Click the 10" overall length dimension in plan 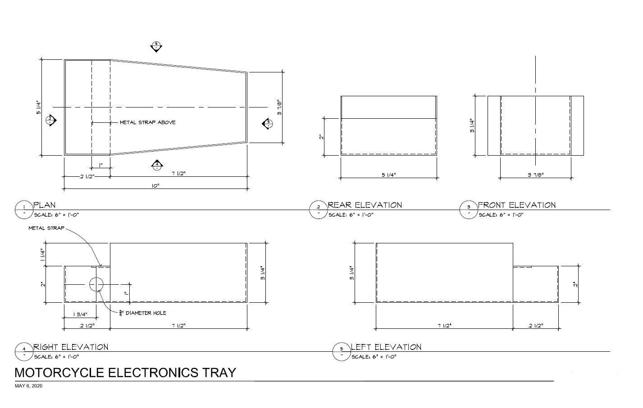pyautogui.click(x=155, y=186)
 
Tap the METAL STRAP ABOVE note pyautogui.click(x=147, y=122)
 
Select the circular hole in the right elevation pyautogui.click(x=96, y=284)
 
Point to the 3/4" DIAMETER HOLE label pyautogui.click(x=143, y=313)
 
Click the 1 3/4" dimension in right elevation pyautogui.click(x=80, y=314)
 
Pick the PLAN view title pyautogui.click(x=45, y=205)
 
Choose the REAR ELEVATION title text pyautogui.click(x=365, y=205)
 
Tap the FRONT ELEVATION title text pyautogui.click(x=517, y=205)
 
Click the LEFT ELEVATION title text pyautogui.click(x=386, y=347)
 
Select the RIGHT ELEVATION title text pyautogui.click(x=71, y=347)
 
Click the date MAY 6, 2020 pyautogui.click(x=28, y=386)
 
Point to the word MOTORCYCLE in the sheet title pyautogui.click(x=59, y=372)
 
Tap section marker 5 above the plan pyautogui.click(x=156, y=46)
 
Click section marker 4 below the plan pyautogui.click(x=157, y=166)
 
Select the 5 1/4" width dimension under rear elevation pyautogui.click(x=389, y=175)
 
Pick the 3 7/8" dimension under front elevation pyautogui.click(x=536, y=175)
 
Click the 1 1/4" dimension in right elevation pyautogui.click(x=43, y=255)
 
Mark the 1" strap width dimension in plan pyautogui.click(x=101, y=166)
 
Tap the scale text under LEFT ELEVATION pyautogui.click(x=374, y=357)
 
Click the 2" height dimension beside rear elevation pyautogui.click(x=322, y=137)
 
